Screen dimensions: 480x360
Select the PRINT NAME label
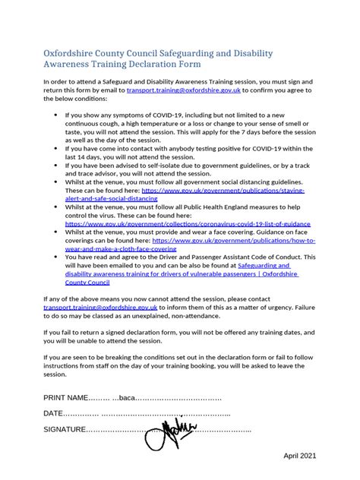point(65,398)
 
